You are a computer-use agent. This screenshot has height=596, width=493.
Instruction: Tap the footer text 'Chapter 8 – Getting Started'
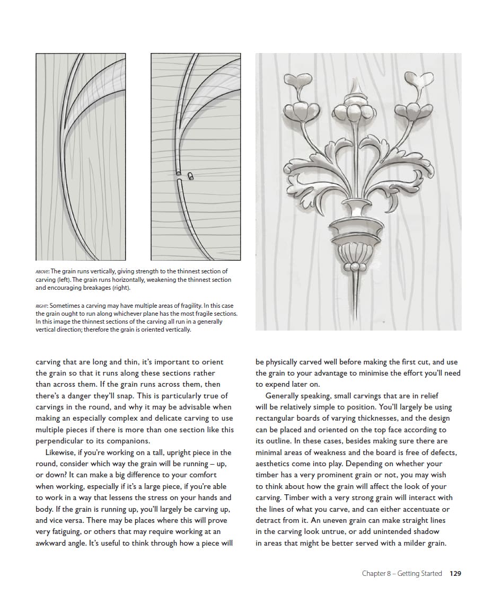[x=401, y=573]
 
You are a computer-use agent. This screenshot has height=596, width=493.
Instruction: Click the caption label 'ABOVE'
[x=42, y=272]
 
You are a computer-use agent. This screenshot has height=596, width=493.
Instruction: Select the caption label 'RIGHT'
[x=42, y=306]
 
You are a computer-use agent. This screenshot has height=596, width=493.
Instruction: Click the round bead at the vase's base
[x=353, y=265]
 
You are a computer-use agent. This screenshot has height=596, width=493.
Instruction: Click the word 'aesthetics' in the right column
[x=274, y=464]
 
